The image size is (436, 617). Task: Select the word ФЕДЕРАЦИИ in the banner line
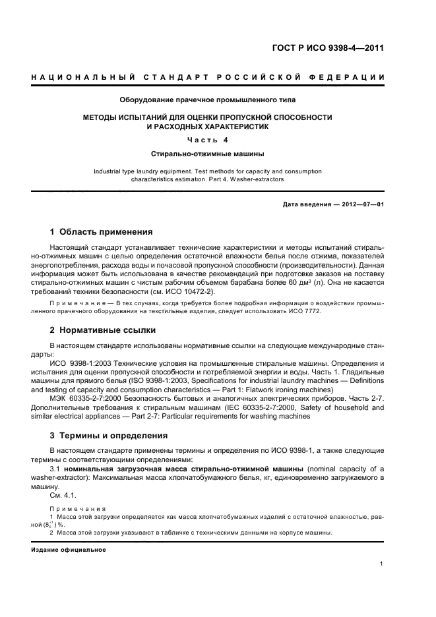354,78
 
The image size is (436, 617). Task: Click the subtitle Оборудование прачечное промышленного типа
207,100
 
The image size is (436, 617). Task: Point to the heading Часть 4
207,140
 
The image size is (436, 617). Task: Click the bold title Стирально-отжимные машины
207,154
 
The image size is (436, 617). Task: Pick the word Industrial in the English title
108,171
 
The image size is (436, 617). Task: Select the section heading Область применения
106,232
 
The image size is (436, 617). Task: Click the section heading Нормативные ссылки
108,330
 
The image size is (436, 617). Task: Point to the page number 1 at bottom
382,564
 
